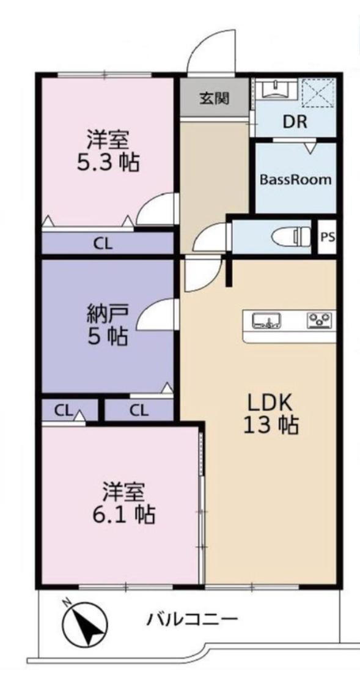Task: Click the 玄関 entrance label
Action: pos(214,98)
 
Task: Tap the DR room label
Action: pos(295,122)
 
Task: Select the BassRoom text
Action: pos(296,179)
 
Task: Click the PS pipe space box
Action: pos(328,237)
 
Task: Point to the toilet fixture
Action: pos(290,237)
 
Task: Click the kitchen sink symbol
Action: pos(266,321)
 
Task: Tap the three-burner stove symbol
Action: pos(321,320)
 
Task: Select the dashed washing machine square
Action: pos(318,92)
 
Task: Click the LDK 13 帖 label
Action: pos(270,414)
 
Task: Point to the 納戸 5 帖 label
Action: pos(108,325)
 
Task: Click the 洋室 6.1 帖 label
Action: pos(123,504)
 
